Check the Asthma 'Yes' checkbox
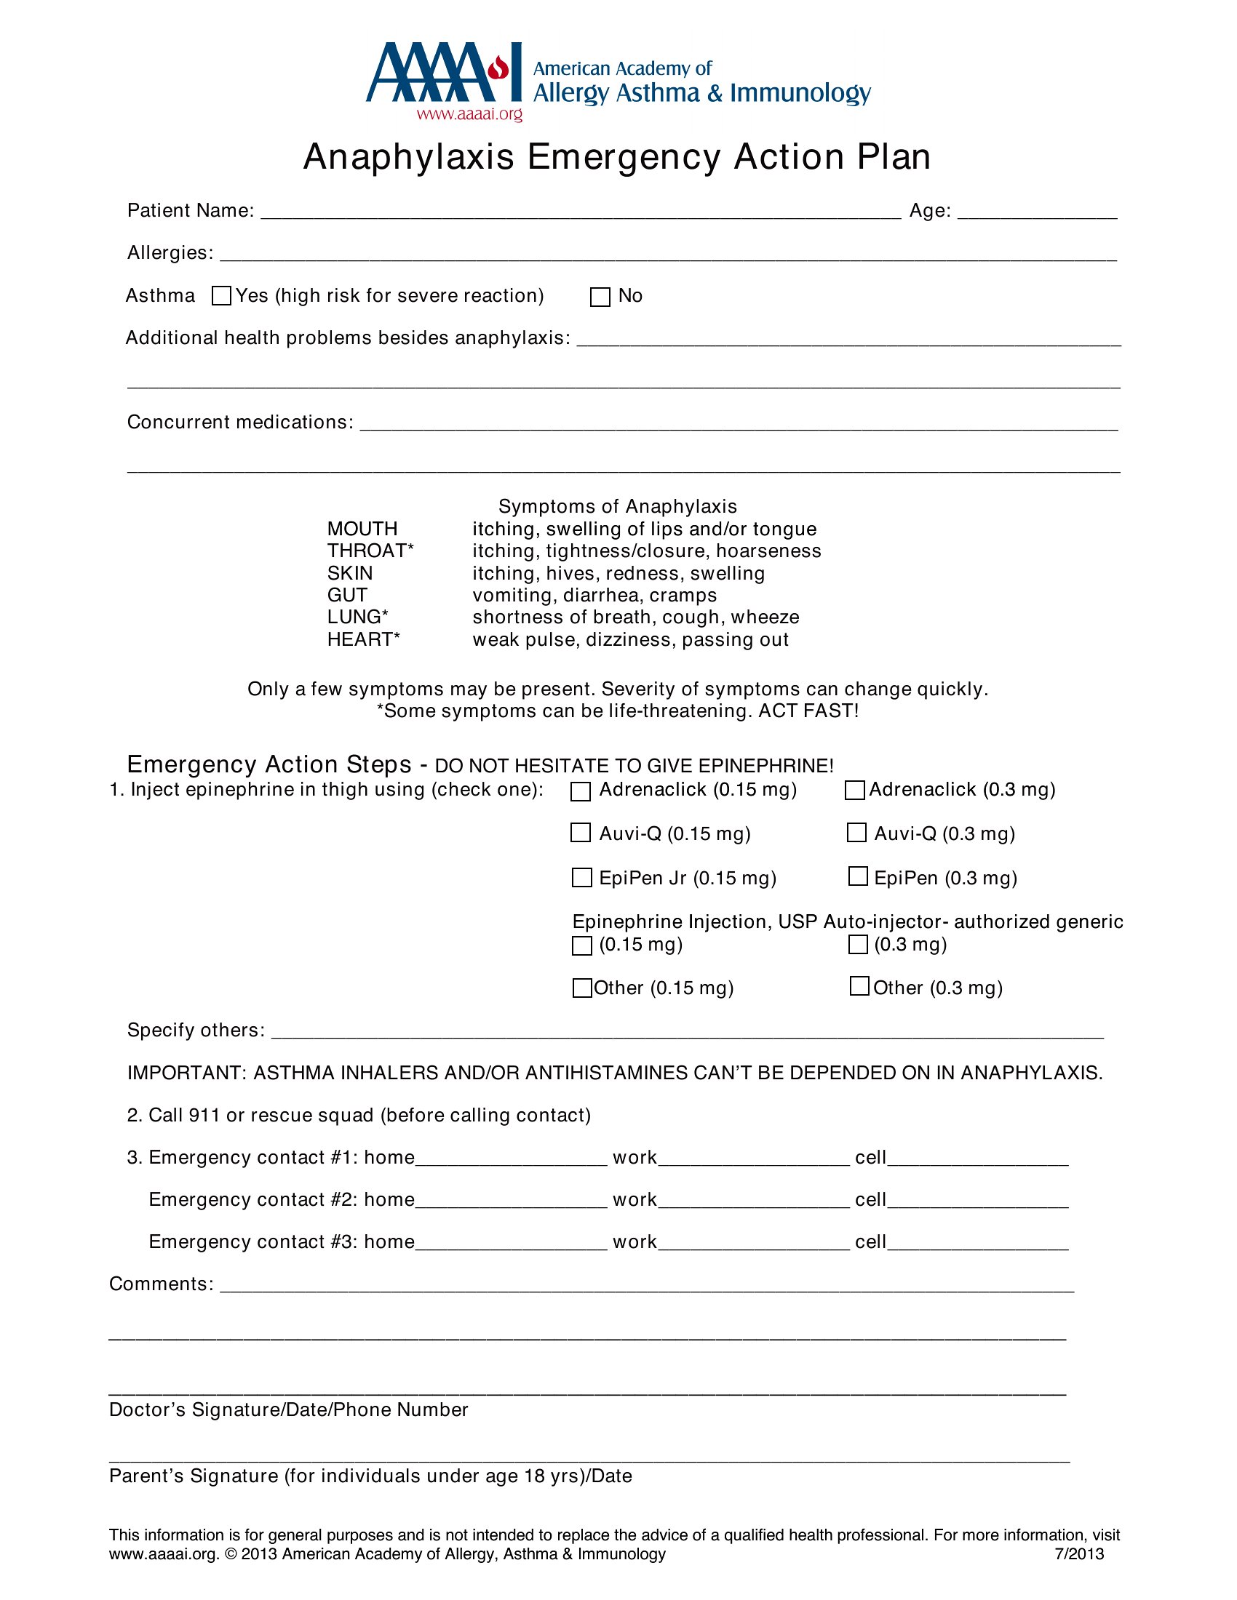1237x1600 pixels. [x=221, y=296]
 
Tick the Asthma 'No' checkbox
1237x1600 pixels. [x=600, y=297]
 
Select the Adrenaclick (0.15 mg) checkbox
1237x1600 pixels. [x=581, y=791]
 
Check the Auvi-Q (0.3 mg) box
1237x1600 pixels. [x=856, y=833]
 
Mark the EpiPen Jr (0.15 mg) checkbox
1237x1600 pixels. [x=582, y=878]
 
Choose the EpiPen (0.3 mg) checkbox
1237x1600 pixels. [x=858, y=877]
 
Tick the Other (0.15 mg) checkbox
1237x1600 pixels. [x=582, y=988]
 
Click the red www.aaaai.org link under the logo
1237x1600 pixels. [x=470, y=114]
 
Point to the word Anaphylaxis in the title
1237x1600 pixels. [x=409, y=157]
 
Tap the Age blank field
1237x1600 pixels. [x=1037, y=212]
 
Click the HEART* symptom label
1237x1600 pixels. [x=364, y=639]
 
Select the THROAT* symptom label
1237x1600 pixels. [x=370, y=551]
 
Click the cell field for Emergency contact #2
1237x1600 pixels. [x=977, y=1201]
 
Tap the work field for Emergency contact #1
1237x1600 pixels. [x=754, y=1159]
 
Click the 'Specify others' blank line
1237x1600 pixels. [x=687, y=1031]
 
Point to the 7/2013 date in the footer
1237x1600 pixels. [x=1078, y=1554]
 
